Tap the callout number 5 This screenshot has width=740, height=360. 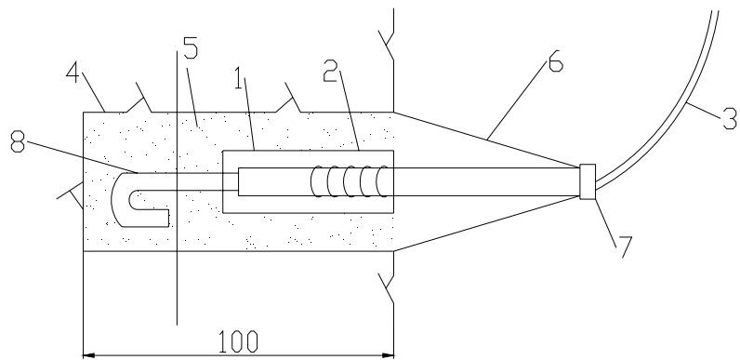click(x=191, y=48)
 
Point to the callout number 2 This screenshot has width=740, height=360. click(x=330, y=72)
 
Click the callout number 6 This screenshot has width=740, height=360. click(x=556, y=62)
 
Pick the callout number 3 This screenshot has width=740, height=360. click(x=730, y=119)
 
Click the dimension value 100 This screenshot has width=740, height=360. click(x=238, y=341)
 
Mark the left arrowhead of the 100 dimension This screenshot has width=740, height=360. click(x=88, y=354)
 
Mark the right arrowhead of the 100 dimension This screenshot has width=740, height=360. click(x=388, y=354)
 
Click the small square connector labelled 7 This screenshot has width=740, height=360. click(x=588, y=182)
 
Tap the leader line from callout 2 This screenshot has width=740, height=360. click(x=349, y=110)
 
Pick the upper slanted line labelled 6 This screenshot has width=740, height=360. click(x=486, y=140)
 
